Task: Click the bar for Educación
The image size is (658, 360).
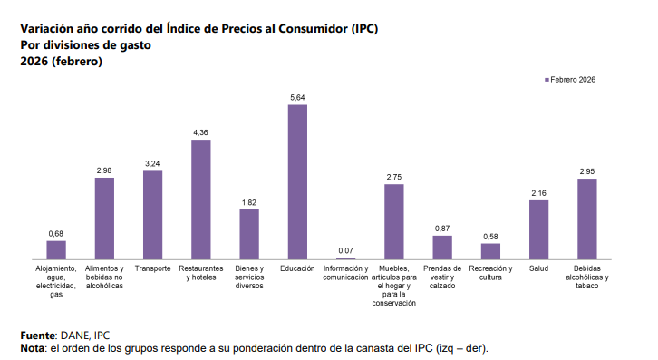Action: coord(297,182)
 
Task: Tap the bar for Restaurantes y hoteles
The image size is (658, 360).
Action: coord(200,200)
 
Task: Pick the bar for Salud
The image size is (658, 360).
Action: coord(538,230)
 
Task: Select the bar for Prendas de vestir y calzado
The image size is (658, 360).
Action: coord(442,248)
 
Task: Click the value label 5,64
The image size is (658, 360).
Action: coord(297,97)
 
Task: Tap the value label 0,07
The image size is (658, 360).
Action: coord(345,250)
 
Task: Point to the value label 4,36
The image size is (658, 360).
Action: coord(200,132)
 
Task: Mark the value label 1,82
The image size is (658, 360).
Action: coord(249,202)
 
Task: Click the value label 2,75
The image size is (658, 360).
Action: coord(393,177)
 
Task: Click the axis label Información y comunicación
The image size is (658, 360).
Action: coord(345,273)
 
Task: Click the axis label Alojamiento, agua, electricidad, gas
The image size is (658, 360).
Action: coord(56,281)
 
